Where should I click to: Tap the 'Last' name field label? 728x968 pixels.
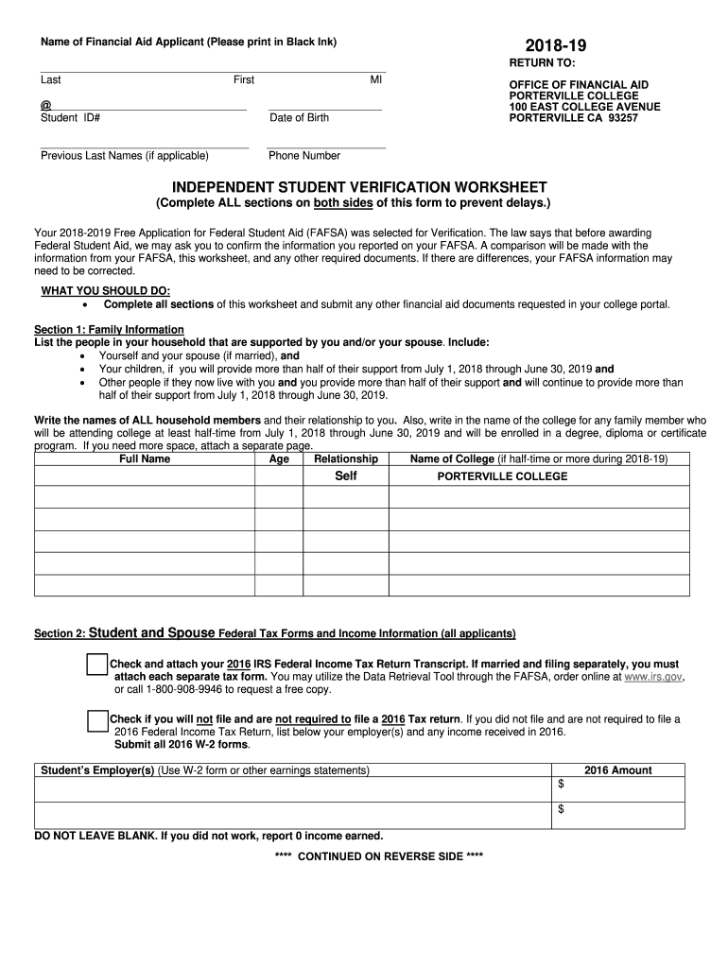click(x=51, y=80)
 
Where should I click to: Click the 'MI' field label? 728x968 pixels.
click(x=375, y=80)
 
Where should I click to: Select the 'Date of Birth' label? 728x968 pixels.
click(x=299, y=118)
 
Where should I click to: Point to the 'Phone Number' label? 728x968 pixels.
click(x=304, y=156)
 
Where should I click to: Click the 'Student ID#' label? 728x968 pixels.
click(x=71, y=118)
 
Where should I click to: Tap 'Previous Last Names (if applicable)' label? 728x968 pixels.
click(x=125, y=156)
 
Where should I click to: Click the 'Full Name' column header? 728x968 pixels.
click(x=145, y=458)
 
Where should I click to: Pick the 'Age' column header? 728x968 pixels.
click(x=279, y=458)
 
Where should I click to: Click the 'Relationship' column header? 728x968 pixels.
click(x=346, y=458)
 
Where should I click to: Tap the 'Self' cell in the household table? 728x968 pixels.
click(x=346, y=476)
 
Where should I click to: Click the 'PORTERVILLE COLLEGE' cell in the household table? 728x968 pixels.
click(x=502, y=476)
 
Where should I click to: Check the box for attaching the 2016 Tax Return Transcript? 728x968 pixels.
click(x=97, y=665)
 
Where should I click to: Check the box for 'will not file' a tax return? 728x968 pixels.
click(x=97, y=719)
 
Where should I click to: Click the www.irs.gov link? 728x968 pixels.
click(x=653, y=678)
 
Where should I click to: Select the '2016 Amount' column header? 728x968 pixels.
click(x=617, y=770)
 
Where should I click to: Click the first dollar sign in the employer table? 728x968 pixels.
click(x=561, y=786)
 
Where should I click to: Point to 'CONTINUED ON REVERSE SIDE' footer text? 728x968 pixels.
click(x=378, y=856)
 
